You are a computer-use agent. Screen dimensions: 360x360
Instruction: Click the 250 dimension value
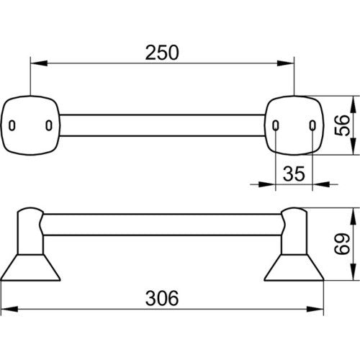pyautogui.click(x=162, y=53)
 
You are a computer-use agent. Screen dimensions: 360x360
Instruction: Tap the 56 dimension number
pyautogui.click(x=342, y=125)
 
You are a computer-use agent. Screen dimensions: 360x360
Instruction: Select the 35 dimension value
pyautogui.click(x=294, y=174)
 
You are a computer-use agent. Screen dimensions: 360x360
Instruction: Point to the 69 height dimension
pyautogui.click(x=342, y=243)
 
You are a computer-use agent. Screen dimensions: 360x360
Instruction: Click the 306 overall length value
pyautogui.click(x=162, y=298)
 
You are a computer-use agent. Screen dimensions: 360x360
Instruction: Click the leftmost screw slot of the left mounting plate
pyautogui.click(x=12, y=125)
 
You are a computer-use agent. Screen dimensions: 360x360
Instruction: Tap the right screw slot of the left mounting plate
pyautogui.click(x=49, y=125)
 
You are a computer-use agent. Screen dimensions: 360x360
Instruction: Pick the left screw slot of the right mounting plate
pyautogui.click(x=276, y=125)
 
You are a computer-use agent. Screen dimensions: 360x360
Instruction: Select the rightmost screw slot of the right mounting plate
pyautogui.click(x=312, y=125)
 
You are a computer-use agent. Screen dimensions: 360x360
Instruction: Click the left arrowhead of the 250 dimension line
pyautogui.click(x=38, y=63)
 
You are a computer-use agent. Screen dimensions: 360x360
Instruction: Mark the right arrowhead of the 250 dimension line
pyautogui.click(x=286, y=63)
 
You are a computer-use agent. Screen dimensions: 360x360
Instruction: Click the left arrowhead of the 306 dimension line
pyautogui.click(x=9, y=309)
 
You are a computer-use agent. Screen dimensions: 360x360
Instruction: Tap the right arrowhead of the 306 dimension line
pyautogui.click(x=315, y=309)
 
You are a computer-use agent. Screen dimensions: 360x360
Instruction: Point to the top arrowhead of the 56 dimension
pyautogui.click(x=352, y=104)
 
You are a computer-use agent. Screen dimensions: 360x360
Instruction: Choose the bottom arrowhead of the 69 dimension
pyautogui.click(x=352, y=271)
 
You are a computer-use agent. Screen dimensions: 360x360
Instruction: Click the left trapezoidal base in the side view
pyautogui.click(x=30, y=267)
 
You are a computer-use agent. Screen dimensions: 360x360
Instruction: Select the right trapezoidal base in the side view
pyautogui.click(x=294, y=267)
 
